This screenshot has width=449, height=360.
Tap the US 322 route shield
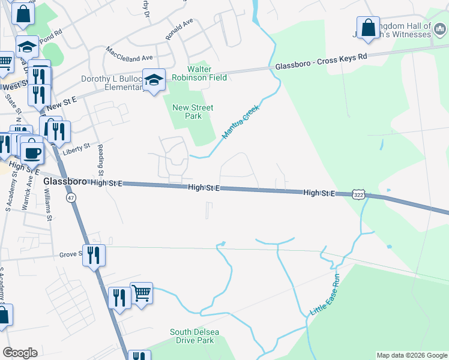(x=358, y=195)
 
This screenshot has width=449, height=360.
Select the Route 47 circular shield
(x=71, y=199)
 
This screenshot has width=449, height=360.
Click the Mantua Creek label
(x=240, y=123)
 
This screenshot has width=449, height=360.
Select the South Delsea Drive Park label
(x=191, y=336)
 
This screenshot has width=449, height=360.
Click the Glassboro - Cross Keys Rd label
(x=321, y=63)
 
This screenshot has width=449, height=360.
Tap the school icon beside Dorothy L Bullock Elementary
(x=154, y=79)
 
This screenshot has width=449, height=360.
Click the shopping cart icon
(x=141, y=293)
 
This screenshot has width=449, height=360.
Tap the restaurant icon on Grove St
(x=94, y=255)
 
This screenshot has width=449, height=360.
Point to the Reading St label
(x=101, y=157)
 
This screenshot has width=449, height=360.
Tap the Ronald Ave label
(x=179, y=29)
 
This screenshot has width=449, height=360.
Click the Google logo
(x=20, y=353)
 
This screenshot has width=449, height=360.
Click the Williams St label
(x=47, y=204)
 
